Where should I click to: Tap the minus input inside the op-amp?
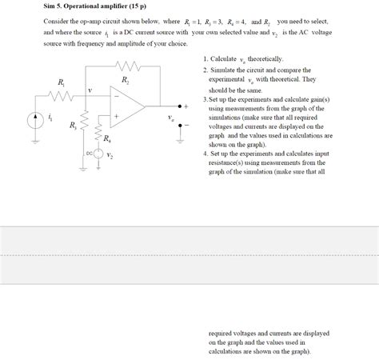(118, 95)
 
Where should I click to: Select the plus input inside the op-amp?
(118, 116)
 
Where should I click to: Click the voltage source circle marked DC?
(99, 154)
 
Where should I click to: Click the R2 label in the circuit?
(126, 81)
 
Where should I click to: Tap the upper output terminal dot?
(179, 106)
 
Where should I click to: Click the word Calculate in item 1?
(225, 59)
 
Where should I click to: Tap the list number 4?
(205, 153)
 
